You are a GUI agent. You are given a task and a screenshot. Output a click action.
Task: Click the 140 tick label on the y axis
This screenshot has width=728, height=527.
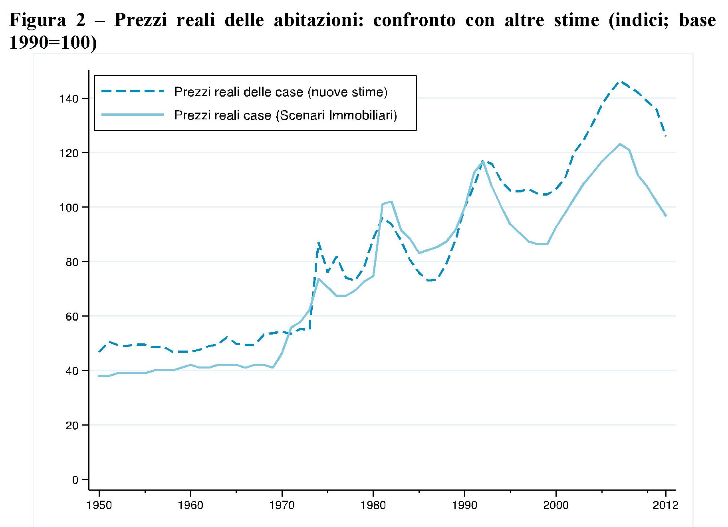(69, 99)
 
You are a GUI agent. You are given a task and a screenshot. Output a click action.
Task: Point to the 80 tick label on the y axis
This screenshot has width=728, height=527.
(72, 262)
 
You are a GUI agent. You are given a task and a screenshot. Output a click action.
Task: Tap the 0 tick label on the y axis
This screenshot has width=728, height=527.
(75, 480)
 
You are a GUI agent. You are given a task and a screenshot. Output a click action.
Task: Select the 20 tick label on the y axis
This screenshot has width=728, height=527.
(72, 426)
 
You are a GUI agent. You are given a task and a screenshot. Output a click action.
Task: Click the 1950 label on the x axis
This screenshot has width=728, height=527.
(99, 505)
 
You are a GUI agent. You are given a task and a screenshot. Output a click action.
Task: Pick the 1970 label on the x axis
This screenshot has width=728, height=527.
(282, 505)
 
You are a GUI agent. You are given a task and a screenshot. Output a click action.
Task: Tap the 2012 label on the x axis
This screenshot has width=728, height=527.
(665, 505)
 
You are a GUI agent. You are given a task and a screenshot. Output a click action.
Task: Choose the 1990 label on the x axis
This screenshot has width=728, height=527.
(464, 505)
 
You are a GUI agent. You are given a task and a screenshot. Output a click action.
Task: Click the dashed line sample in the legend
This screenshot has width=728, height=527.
(133, 91)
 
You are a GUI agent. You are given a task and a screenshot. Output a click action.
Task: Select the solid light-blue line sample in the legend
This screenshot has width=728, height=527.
(133, 115)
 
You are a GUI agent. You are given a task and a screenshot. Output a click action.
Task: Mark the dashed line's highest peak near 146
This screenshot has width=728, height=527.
(620, 81)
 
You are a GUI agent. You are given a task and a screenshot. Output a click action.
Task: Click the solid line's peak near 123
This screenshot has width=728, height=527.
(620, 144)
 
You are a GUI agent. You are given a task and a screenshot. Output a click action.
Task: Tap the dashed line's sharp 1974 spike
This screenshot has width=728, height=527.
(318, 242)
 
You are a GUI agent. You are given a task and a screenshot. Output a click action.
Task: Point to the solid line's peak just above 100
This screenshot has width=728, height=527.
(392, 202)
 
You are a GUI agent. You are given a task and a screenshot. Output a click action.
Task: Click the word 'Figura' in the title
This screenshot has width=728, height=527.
(38, 20)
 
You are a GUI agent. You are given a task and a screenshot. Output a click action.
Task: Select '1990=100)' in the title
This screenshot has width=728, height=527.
(53, 43)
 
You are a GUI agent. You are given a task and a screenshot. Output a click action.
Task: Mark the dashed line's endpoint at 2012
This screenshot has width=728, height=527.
(666, 137)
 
